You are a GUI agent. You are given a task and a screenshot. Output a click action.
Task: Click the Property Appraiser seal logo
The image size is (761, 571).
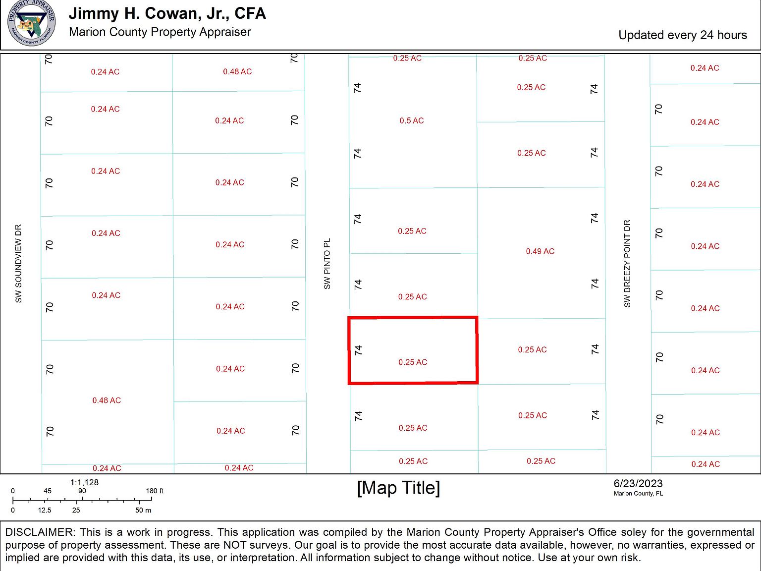[31, 23]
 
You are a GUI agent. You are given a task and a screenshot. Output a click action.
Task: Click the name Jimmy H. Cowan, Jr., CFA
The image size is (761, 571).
[167, 13]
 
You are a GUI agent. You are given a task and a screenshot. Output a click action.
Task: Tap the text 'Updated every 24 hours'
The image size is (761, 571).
[682, 35]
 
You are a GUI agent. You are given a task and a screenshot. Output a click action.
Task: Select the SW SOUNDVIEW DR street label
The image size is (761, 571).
[18, 264]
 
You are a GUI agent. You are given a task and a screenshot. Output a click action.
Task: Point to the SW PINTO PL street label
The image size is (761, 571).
[327, 264]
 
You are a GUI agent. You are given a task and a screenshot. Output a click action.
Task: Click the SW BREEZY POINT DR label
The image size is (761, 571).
[627, 264]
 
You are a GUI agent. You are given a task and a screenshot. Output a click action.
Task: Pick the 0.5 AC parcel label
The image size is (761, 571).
[412, 120]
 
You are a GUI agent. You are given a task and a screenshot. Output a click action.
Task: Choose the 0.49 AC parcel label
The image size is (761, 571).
[540, 251]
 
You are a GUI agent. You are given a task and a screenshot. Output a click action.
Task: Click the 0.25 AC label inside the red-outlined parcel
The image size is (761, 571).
[413, 362]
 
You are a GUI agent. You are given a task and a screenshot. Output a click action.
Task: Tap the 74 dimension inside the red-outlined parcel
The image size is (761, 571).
[358, 350]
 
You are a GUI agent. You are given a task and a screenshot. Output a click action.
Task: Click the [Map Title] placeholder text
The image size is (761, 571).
[398, 488]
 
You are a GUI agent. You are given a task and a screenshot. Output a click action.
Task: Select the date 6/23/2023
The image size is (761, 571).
[638, 483]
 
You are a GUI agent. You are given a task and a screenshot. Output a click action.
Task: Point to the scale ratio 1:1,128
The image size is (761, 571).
[84, 482]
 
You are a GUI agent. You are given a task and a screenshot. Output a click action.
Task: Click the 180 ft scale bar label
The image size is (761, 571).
[154, 491]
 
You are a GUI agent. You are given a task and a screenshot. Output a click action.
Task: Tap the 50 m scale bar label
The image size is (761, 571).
[143, 510]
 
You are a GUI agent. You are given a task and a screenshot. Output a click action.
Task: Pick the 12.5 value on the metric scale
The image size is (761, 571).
[45, 510]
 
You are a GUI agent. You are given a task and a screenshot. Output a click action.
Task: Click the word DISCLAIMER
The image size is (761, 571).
[39, 532]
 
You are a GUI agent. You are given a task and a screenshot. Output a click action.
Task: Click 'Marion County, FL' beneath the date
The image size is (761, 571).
[638, 493]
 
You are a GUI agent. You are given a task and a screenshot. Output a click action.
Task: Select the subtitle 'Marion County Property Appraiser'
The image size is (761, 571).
[160, 32]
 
